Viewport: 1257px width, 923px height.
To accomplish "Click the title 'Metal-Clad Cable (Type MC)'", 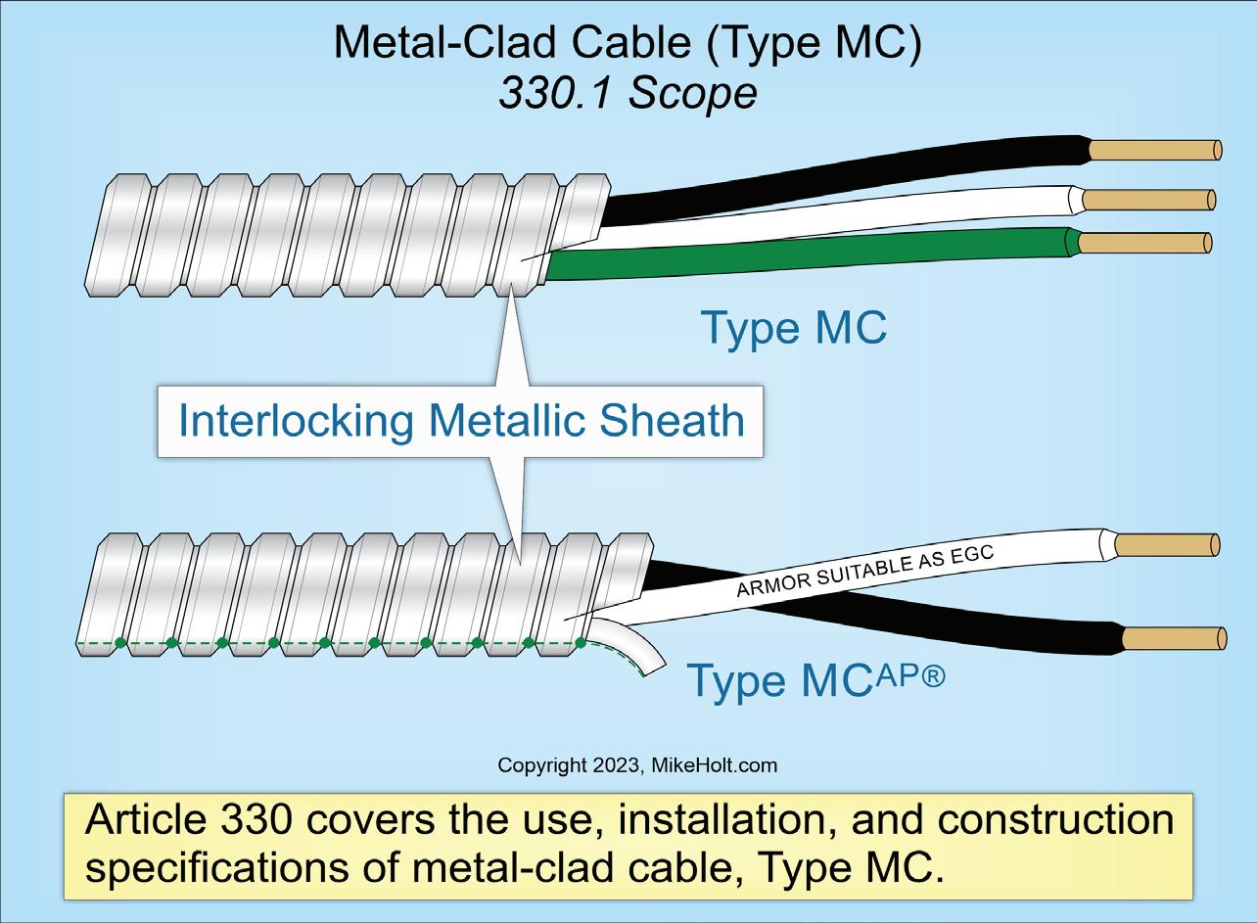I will pos(628,44).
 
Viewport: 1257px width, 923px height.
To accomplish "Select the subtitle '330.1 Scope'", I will pos(628,92).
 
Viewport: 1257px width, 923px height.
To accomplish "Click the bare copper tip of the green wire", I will pos(1144,242).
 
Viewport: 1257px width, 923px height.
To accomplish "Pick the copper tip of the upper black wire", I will pos(1155,150).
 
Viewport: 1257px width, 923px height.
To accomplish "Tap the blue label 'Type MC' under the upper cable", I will pos(794,327).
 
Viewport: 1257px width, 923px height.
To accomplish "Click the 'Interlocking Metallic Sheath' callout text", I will pos(460,421).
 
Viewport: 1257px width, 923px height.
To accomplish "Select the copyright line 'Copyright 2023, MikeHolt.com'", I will pos(637,765).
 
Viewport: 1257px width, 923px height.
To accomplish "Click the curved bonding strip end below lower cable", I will pos(636,651).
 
